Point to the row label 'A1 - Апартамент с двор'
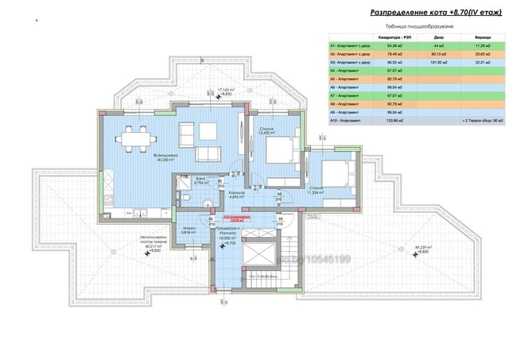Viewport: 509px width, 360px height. point(356,44)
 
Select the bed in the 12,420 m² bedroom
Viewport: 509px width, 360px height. point(279,149)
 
